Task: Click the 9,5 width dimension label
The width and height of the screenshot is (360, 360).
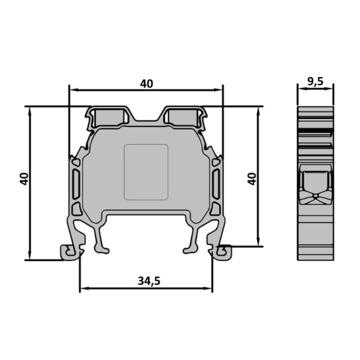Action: (x=316, y=82)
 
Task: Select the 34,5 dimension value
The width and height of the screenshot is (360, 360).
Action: (x=149, y=280)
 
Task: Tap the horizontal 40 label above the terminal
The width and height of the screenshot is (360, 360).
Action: (x=147, y=84)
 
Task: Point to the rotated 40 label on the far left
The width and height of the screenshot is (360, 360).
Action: (x=24, y=179)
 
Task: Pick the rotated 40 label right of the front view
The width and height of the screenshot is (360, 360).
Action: (x=252, y=179)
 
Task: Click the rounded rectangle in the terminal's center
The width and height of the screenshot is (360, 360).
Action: (x=146, y=172)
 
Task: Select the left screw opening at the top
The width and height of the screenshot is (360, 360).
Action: (x=110, y=117)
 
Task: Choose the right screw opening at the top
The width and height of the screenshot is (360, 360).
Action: (x=183, y=117)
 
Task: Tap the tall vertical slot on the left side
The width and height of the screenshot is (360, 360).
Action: (x=76, y=184)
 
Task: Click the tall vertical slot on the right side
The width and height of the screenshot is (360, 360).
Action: (x=216, y=184)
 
